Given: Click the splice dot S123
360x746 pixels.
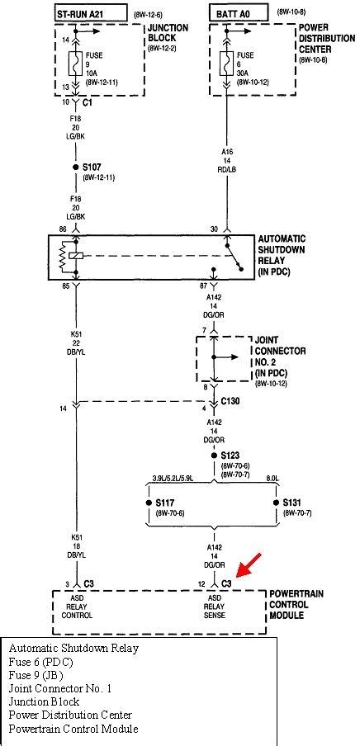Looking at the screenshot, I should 214,455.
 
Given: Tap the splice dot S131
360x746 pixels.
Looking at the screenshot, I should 275,503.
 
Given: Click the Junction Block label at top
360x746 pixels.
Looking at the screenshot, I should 168,32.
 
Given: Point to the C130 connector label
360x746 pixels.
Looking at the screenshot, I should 231,401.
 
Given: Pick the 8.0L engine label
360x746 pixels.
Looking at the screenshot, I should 274,477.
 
